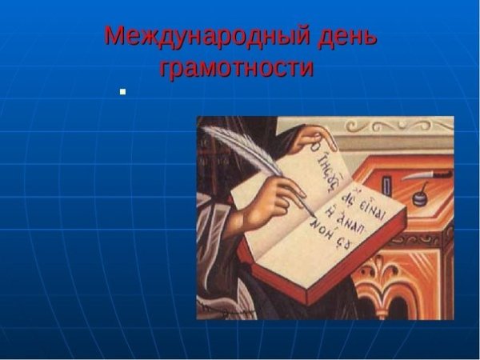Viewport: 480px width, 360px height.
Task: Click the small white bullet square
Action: coord(122,92)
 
